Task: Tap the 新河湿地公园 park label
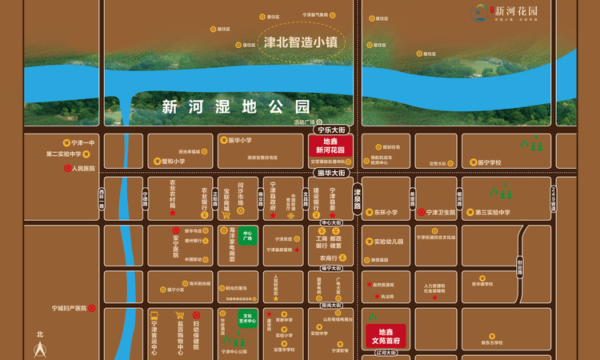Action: (235, 106)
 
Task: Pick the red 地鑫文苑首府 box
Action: (386, 336)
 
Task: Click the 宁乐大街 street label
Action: (330, 128)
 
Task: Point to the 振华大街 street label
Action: (330, 172)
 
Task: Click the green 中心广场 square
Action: (247, 237)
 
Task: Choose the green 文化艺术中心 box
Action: (249, 317)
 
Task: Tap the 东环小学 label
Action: (386, 212)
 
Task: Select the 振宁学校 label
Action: (489, 162)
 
